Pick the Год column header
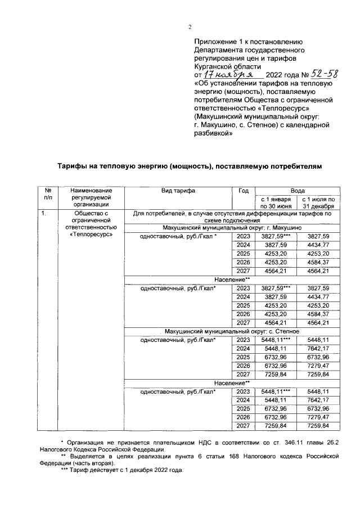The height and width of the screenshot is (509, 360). coord(242,191)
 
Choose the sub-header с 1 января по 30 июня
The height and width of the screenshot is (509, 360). coord(276,202)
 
